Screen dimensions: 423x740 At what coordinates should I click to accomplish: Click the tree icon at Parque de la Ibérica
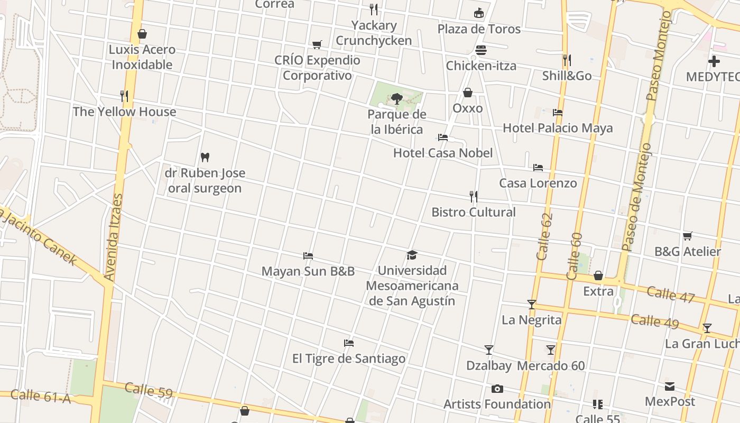tap(396, 98)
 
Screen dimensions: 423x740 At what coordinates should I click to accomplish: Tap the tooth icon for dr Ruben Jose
tap(205, 157)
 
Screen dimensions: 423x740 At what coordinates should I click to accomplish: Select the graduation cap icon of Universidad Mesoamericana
tap(412, 255)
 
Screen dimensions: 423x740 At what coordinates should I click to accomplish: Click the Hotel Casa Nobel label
tap(442, 153)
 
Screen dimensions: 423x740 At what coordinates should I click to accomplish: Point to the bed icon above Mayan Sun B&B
tap(308, 256)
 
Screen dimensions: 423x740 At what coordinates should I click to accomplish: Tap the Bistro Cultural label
tap(473, 212)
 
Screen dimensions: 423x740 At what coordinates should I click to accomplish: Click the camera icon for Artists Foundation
tap(497, 389)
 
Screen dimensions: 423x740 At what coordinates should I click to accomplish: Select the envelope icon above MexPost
tap(670, 387)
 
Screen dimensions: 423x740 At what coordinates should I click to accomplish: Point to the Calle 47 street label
tap(670, 295)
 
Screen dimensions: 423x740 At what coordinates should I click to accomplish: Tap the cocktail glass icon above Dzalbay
tap(489, 350)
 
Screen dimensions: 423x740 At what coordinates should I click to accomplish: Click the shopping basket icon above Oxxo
tap(468, 93)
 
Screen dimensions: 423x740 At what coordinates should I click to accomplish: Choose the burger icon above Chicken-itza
tap(481, 50)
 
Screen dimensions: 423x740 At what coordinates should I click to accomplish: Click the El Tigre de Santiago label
tap(349, 358)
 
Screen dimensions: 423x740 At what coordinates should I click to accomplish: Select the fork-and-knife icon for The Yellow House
tap(124, 96)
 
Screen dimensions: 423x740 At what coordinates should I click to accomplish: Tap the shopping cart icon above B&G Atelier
tap(687, 236)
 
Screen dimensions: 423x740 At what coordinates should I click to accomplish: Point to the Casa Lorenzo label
tap(538, 183)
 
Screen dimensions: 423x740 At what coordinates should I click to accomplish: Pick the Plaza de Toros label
tap(479, 29)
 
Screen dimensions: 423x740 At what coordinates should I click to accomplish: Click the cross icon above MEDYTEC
tap(714, 61)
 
